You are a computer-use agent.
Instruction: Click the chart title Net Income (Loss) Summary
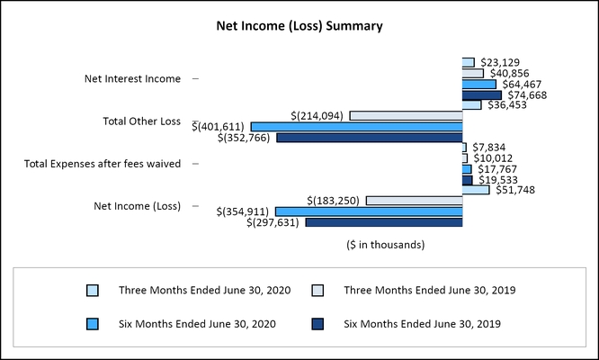(x=299, y=26)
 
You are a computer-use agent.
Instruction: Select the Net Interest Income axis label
(x=132, y=79)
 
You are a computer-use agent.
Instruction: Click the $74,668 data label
(x=527, y=94)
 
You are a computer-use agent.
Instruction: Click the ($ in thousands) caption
(x=385, y=244)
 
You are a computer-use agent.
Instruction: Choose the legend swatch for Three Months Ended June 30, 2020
(x=93, y=291)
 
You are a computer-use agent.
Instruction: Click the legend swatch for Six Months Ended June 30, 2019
(x=318, y=323)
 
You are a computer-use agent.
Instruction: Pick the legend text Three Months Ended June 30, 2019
(x=430, y=291)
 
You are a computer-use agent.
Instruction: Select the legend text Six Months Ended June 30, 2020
(x=196, y=323)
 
